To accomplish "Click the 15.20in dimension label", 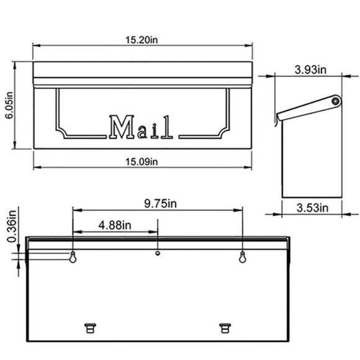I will pos(142,40).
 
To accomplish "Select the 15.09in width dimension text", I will pos(142,161).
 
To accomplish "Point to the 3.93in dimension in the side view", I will pos(309,70).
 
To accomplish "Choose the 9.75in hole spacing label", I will pos(157,204).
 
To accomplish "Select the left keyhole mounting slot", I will pos(73,258).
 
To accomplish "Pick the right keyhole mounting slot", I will pos(242,258).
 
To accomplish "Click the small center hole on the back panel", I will pos(158,253).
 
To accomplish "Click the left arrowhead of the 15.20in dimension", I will pos(35,47).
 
